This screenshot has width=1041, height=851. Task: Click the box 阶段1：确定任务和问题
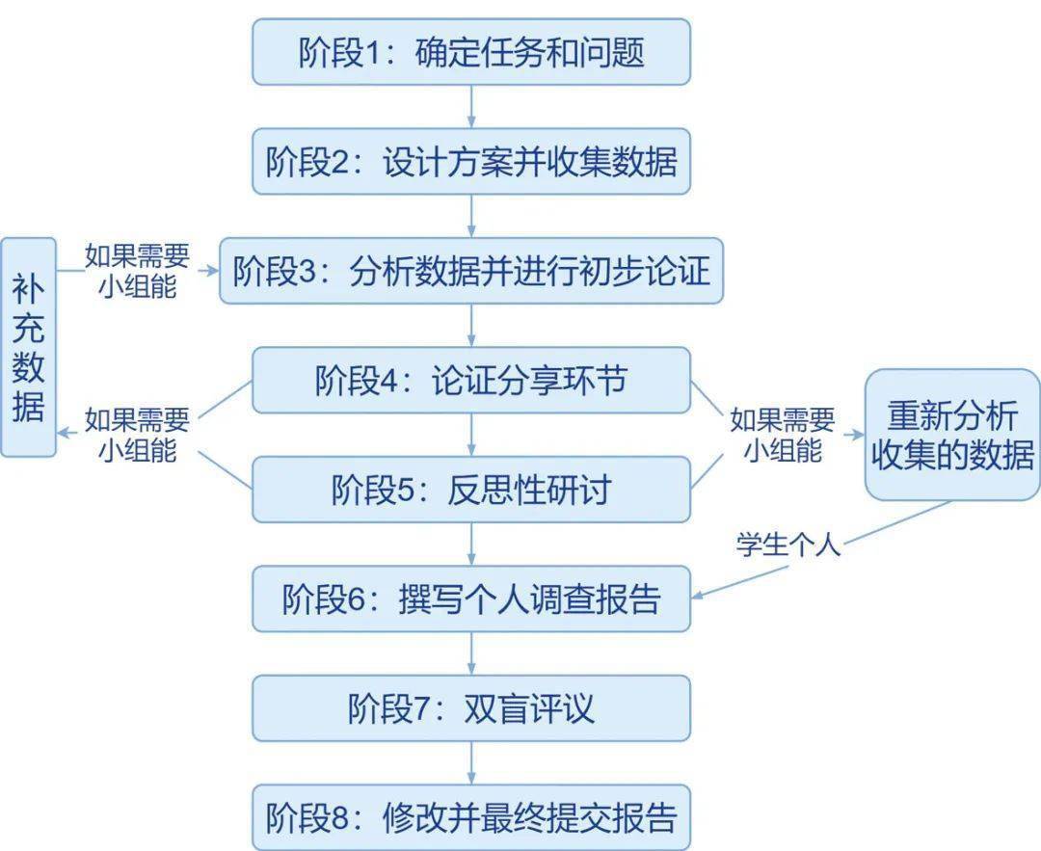[x=471, y=52]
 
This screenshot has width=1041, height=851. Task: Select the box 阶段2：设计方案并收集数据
[x=471, y=161]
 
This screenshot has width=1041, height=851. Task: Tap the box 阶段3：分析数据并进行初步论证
[x=471, y=271]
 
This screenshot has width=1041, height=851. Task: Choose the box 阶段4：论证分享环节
[x=471, y=381]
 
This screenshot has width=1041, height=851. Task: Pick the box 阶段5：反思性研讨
[x=471, y=490]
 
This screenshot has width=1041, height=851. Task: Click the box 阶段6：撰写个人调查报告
[x=471, y=598]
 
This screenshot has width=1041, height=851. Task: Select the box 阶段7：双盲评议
[x=471, y=708]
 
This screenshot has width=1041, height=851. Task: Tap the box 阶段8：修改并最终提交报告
[x=471, y=817]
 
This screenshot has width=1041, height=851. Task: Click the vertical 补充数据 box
[x=29, y=347]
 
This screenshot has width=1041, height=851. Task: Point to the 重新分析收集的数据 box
[x=952, y=435]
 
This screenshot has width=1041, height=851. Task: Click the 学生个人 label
[x=788, y=545]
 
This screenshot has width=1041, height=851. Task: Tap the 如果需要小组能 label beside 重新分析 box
[x=783, y=436]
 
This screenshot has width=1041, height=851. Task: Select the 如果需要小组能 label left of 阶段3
[x=138, y=271]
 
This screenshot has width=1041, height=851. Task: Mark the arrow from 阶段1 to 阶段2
[x=471, y=106]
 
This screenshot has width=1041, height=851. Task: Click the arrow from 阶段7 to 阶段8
[x=471, y=762]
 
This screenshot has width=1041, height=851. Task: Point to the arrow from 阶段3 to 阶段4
[x=471, y=325]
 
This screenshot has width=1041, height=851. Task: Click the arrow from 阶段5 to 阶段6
[x=471, y=544]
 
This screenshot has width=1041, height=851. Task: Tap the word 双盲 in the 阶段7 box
[x=496, y=708]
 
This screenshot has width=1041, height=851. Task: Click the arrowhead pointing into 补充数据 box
[x=63, y=434]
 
